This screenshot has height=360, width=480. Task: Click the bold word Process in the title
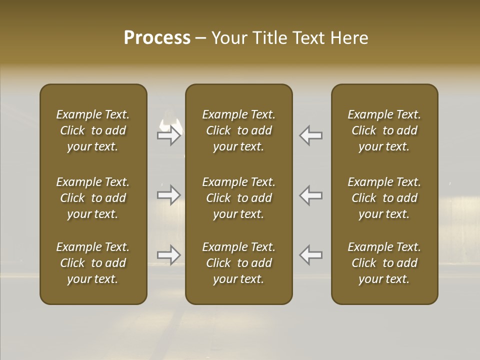point(157,38)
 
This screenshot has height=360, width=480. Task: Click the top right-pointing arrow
point(169,135)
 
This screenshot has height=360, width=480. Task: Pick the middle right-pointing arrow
point(169,195)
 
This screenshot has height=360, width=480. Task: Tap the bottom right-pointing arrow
point(169,255)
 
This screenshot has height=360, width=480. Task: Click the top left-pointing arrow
point(310,135)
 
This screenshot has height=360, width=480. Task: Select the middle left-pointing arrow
point(310,195)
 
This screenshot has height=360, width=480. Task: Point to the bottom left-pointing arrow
point(310,255)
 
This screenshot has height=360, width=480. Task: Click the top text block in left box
point(93,130)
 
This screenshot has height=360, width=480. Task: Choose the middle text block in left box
point(93,198)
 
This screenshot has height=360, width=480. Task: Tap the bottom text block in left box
point(93,263)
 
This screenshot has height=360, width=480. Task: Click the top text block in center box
point(239,130)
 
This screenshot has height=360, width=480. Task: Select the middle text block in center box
point(239,198)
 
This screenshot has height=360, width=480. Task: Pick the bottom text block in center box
point(239,263)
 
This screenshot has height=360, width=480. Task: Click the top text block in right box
point(384,130)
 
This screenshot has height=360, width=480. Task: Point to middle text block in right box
point(384,198)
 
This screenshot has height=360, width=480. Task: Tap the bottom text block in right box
point(384,263)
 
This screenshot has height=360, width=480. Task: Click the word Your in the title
point(227,38)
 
